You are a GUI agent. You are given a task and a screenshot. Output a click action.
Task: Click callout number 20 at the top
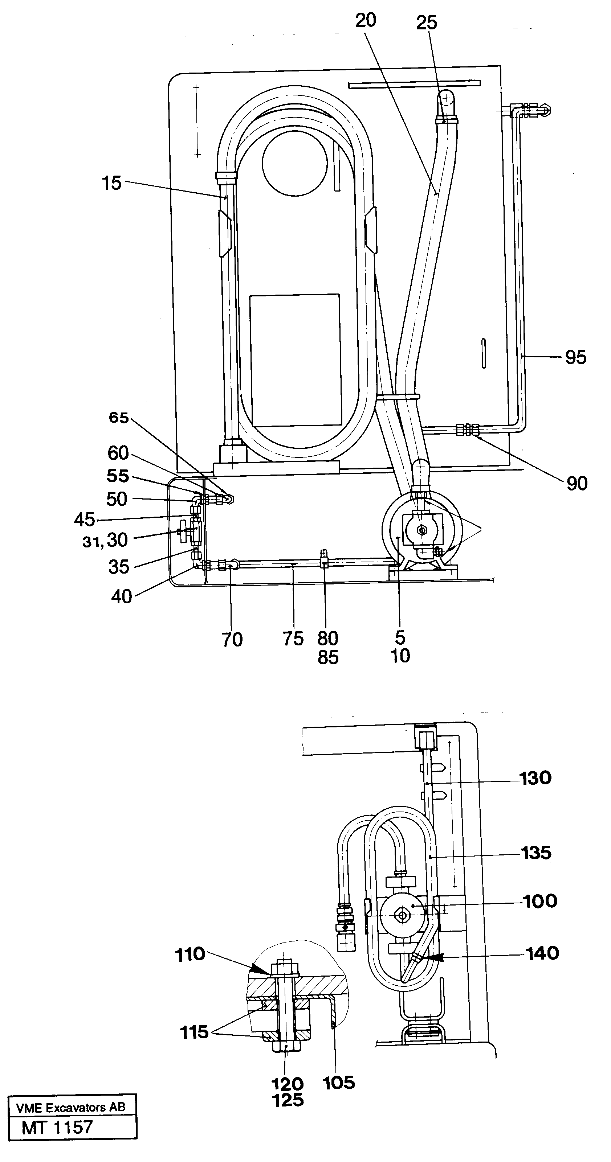pyautogui.click(x=365, y=21)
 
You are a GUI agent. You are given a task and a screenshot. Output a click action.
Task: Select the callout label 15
pyautogui.click(x=111, y=183)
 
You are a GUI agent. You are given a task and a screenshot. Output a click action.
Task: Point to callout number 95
pyautogui.click(x=575, y=357)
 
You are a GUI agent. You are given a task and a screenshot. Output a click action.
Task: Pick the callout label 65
pyautogui.click(x=119, y=418)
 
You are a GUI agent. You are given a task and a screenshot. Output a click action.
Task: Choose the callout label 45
pyautogui.click(x=84, y=520)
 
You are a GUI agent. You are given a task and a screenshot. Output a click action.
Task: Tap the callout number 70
pyautogui.click(x=232, y=640)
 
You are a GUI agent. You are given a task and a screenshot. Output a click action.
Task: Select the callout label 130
pyautogui.click(x=535, y=778)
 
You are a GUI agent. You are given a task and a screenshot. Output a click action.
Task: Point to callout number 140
pyautogui.click(x=542, y=953)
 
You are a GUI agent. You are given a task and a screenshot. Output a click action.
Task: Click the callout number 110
pyautogui.click(x=190, y=954)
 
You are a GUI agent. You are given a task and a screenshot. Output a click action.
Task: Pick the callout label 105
pyautogui.click(x=339, y=1082)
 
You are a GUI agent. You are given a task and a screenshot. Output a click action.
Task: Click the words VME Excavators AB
pyautogui.click(x=70, y=1107)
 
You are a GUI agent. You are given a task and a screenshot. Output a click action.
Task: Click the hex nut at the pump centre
pyautogui.click(x=422, y=530)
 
